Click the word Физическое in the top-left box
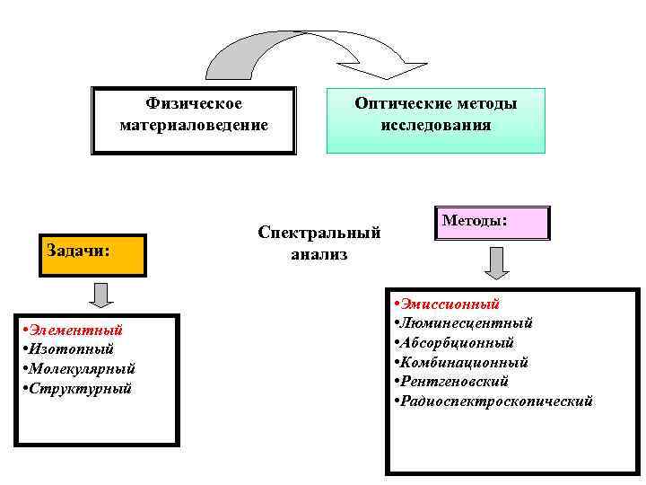pyautogui.click(x=194, y=104)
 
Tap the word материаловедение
pyautogui.click(x=194, y=125)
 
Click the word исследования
pyautogui.click(x=436, y=125)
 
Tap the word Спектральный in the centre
pyautogui.click(x=319, y=233)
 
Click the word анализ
pyautogui.click(x=319, y=254)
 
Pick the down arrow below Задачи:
pyautogui.click(x=101, y=294)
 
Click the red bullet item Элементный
pyautogui.click(x=75, y=330)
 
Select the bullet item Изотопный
pyautogui.click(x=72, y=348)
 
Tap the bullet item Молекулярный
pyautogui.click(x=82, y=368)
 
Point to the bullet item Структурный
pyautogui.click(x=80, y=388)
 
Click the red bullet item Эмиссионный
pyautogui.click(x=450, y=304)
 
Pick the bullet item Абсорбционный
pyautogui.click(x=457, y=342)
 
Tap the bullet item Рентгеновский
pyautogui.click(x=454, y=382)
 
